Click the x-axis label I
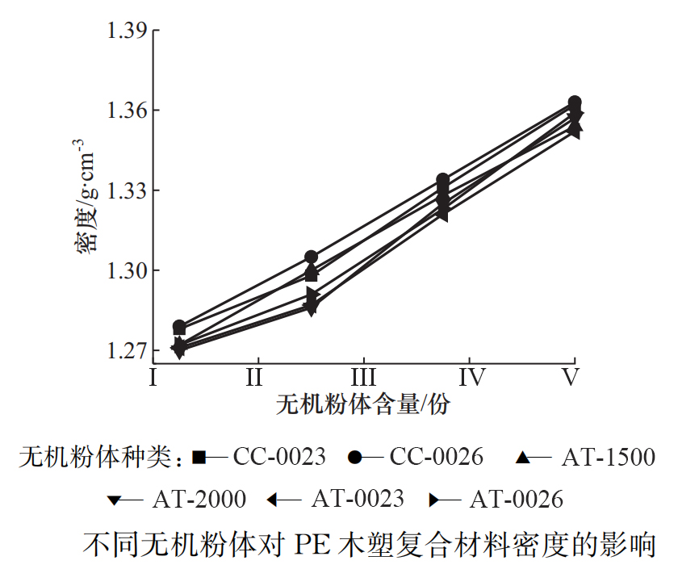[152, 377]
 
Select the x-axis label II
[257, 377]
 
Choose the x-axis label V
[571, 377]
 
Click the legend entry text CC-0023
[279, 457]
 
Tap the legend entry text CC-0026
[437, 457]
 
